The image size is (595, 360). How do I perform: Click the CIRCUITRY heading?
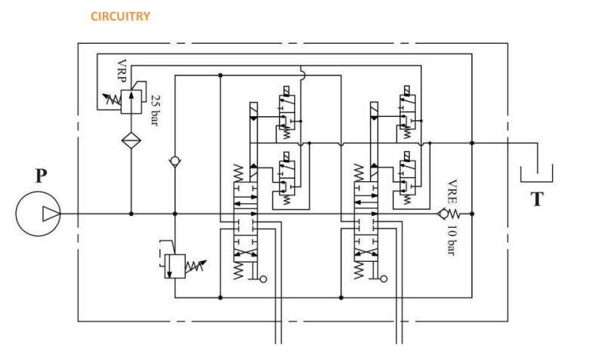point(120,16)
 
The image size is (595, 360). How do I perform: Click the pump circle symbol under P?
point(38,214)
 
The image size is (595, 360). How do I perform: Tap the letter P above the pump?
point(41,177)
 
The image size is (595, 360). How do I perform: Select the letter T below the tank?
point(537,199)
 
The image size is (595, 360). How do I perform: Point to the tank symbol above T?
point(536,174)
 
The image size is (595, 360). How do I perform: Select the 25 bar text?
point(155,110)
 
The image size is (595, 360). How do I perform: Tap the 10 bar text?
point(451,241)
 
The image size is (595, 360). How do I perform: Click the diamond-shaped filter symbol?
point(131,140)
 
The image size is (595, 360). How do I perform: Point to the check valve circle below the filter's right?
point(174,162)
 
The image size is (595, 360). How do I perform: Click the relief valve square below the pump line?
point(174,265)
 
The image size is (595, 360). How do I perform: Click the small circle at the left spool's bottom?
point(263,279)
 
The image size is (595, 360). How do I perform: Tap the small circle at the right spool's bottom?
point(384,279)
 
